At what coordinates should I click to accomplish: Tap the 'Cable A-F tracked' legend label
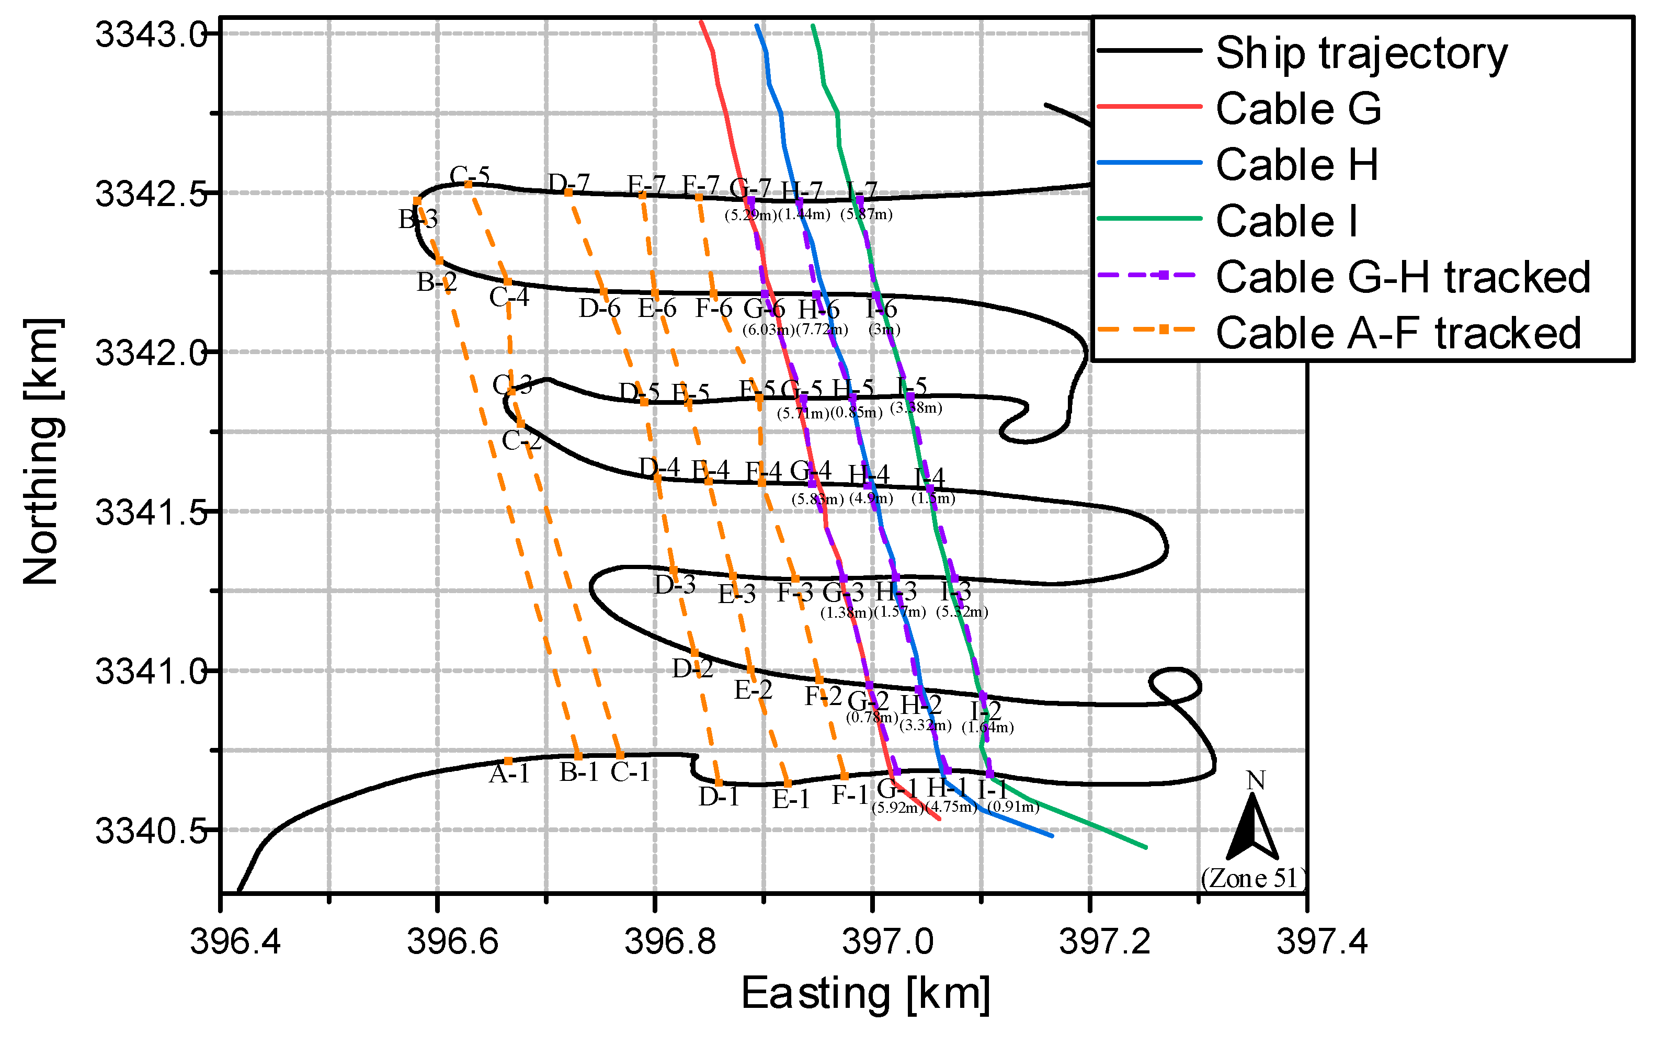(x=1398, y=333)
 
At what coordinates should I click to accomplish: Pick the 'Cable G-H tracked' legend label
(x=1403, y=277)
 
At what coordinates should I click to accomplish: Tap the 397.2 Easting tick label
(x=1104, y=941)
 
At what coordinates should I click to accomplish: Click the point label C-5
(x=470, y=175)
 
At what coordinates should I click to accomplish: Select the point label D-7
(x=568, y=183)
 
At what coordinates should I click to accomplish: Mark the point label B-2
(x=437, y=282)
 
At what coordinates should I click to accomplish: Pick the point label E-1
(x=791, y=799)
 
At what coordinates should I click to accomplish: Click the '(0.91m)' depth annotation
(x=1013, y=806)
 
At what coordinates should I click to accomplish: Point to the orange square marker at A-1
(x=508, y=761)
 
